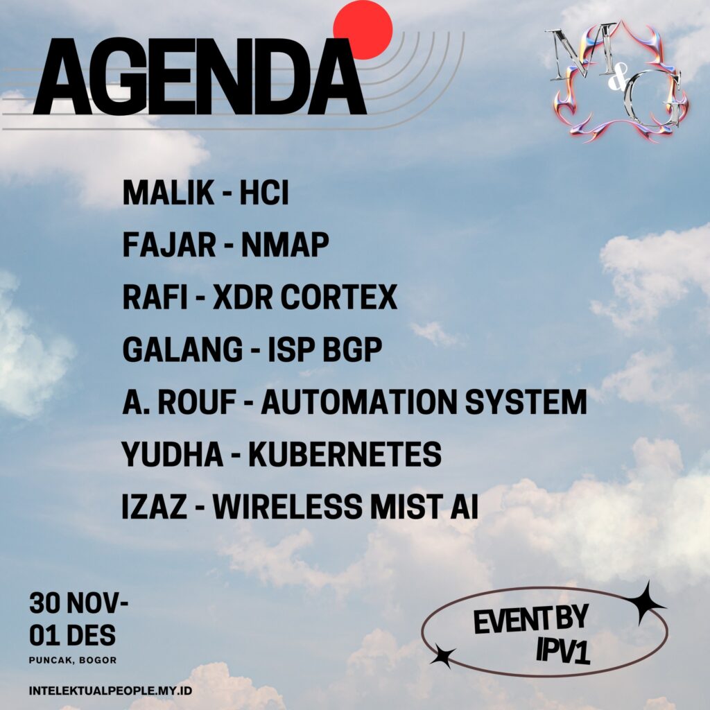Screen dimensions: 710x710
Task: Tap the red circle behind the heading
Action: (363, 29)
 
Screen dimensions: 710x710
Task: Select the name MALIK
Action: (168, 193)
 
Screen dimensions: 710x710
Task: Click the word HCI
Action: (264, 193)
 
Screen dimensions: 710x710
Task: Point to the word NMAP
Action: (285, 245)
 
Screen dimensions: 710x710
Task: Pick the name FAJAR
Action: (169, 245)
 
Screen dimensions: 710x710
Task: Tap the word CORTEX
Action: (338, 297)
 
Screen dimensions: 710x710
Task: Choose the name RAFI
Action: (155, 297)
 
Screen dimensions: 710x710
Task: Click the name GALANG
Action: (182, 349)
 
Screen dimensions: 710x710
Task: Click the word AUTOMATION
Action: (359, 401)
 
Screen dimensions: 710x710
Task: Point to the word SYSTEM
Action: (526, 401)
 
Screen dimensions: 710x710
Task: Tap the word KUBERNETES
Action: (345, 454)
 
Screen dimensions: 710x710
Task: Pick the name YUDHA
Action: (173, 454)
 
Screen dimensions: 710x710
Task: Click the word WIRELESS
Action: (288, 506)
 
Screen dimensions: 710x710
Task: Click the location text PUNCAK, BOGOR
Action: (73, 660)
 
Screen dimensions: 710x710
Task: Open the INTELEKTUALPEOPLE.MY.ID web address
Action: (110, 691)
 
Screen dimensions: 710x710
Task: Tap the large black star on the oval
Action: (645, 603)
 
